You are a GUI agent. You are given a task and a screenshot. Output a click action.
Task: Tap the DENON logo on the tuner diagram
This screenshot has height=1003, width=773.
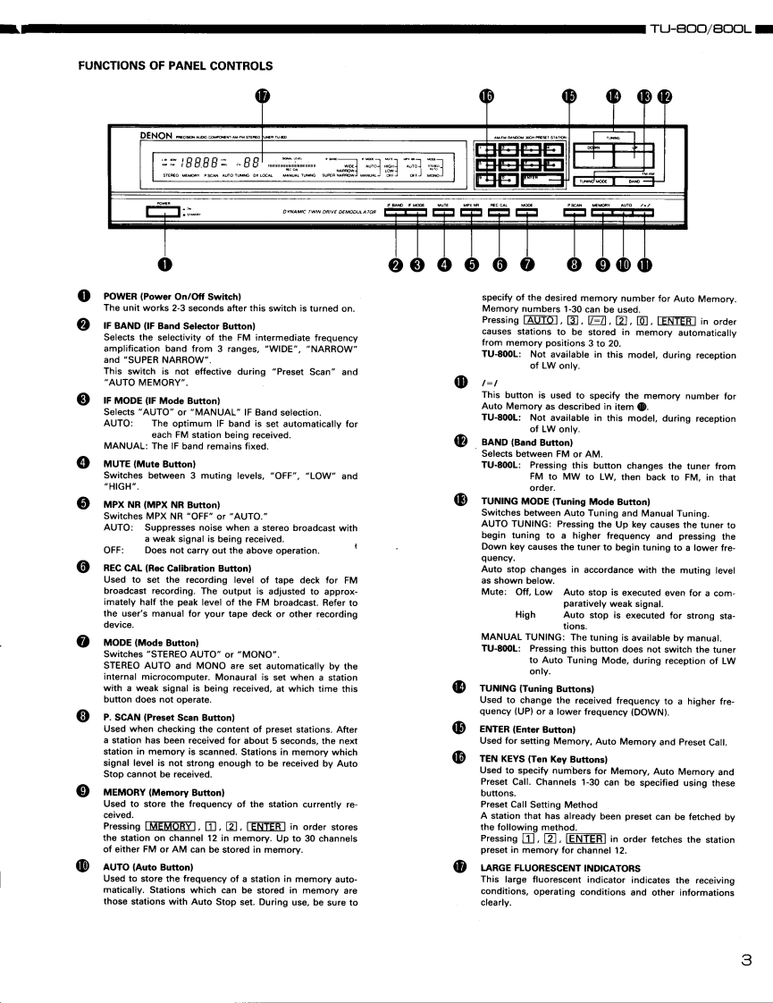155,135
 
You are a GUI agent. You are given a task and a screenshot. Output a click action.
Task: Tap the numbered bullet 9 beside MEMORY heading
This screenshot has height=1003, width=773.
83,792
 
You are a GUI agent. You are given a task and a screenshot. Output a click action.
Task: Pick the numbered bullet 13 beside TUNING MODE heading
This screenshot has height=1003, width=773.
460,501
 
